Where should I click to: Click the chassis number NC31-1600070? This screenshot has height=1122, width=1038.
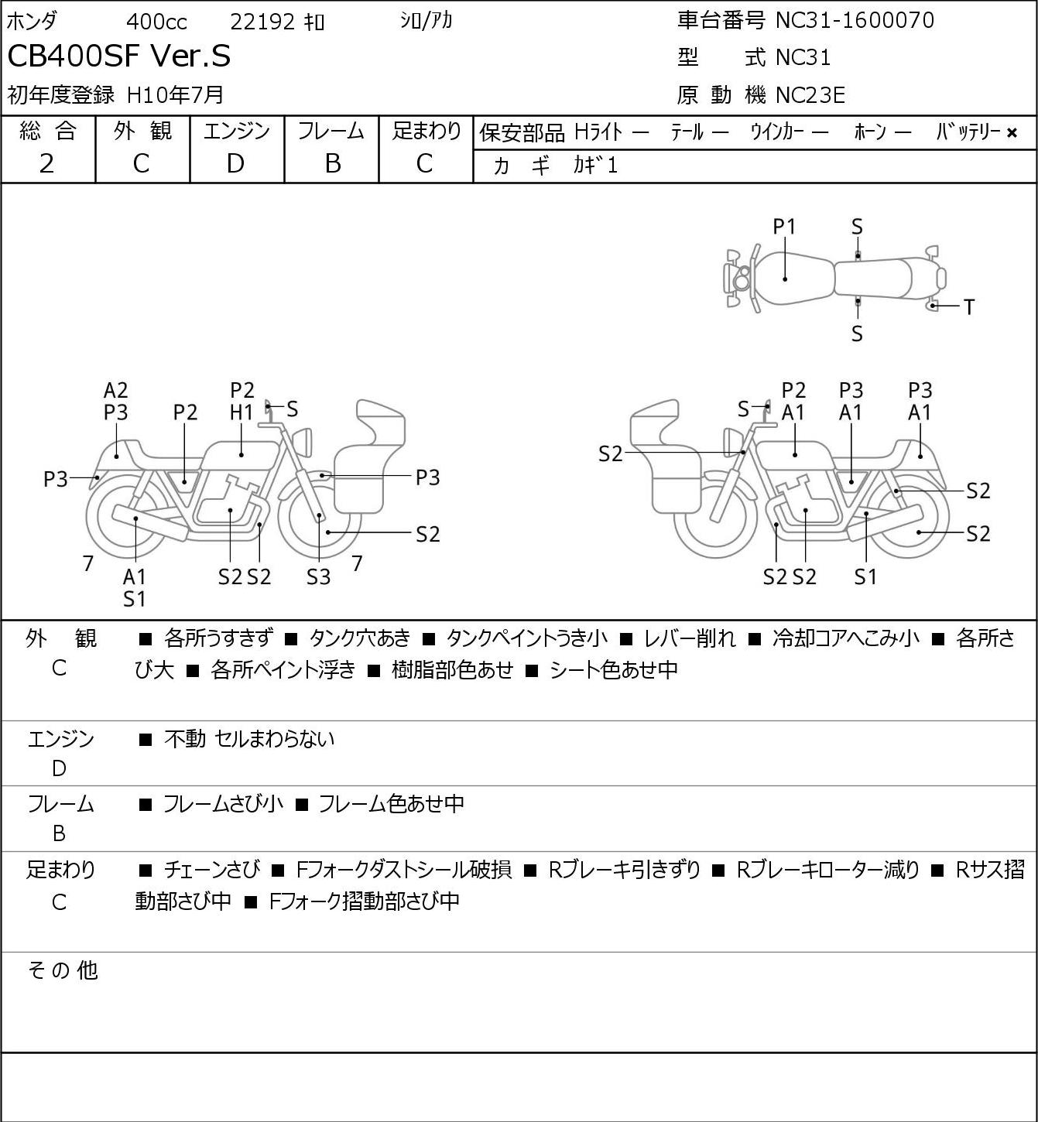point(855,20)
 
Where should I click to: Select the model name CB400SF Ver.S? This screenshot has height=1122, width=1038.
point(118,56)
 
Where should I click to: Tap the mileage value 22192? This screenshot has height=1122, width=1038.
point(262,22)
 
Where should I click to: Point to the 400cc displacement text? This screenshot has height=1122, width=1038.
point(156,22)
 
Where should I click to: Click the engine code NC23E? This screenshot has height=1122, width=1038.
point(810,95)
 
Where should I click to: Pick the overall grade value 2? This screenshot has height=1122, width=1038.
point(46,164)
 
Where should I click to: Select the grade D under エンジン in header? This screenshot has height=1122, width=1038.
point(235,164)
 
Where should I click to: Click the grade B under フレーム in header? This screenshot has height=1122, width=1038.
point(332,164)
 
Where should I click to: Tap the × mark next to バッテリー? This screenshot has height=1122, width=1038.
point(1012,133)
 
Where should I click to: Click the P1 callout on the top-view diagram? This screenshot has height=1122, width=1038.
point(784,227)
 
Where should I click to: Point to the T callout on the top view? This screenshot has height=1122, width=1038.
point(969,307)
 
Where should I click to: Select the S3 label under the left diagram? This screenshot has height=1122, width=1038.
point(318,576)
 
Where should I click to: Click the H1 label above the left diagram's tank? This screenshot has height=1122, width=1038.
point(242,413)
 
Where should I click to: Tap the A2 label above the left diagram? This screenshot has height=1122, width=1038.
point(116,391)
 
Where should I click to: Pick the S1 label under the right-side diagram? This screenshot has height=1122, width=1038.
point(865,576)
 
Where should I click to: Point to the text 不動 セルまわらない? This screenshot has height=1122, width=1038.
point(249,739)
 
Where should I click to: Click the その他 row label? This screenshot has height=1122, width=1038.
point(63,970)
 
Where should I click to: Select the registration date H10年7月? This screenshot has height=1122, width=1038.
point(175,95)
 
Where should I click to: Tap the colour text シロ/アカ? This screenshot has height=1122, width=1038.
point(426,21)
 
